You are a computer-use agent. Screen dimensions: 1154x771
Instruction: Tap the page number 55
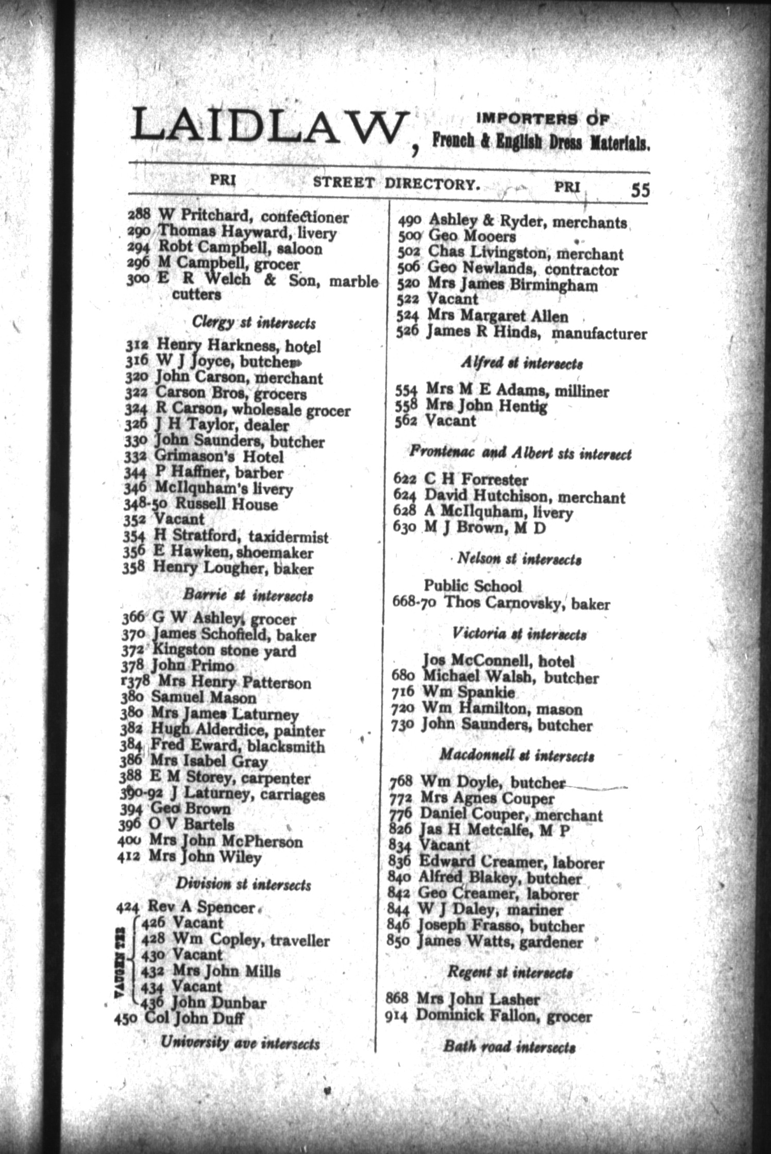[640, 190]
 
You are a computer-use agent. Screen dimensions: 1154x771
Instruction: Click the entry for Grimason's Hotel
[219, 457]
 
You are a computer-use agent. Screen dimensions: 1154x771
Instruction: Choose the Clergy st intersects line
[254, 323]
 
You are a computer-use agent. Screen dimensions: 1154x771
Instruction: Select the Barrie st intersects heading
[248, 596]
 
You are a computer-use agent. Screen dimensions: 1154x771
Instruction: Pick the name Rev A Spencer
[201, 907]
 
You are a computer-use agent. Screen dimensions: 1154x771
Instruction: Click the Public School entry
[473, 586]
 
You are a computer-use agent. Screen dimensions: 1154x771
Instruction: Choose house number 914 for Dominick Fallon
[397, 1016]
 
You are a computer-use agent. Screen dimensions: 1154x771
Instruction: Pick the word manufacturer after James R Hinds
[599, 334]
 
